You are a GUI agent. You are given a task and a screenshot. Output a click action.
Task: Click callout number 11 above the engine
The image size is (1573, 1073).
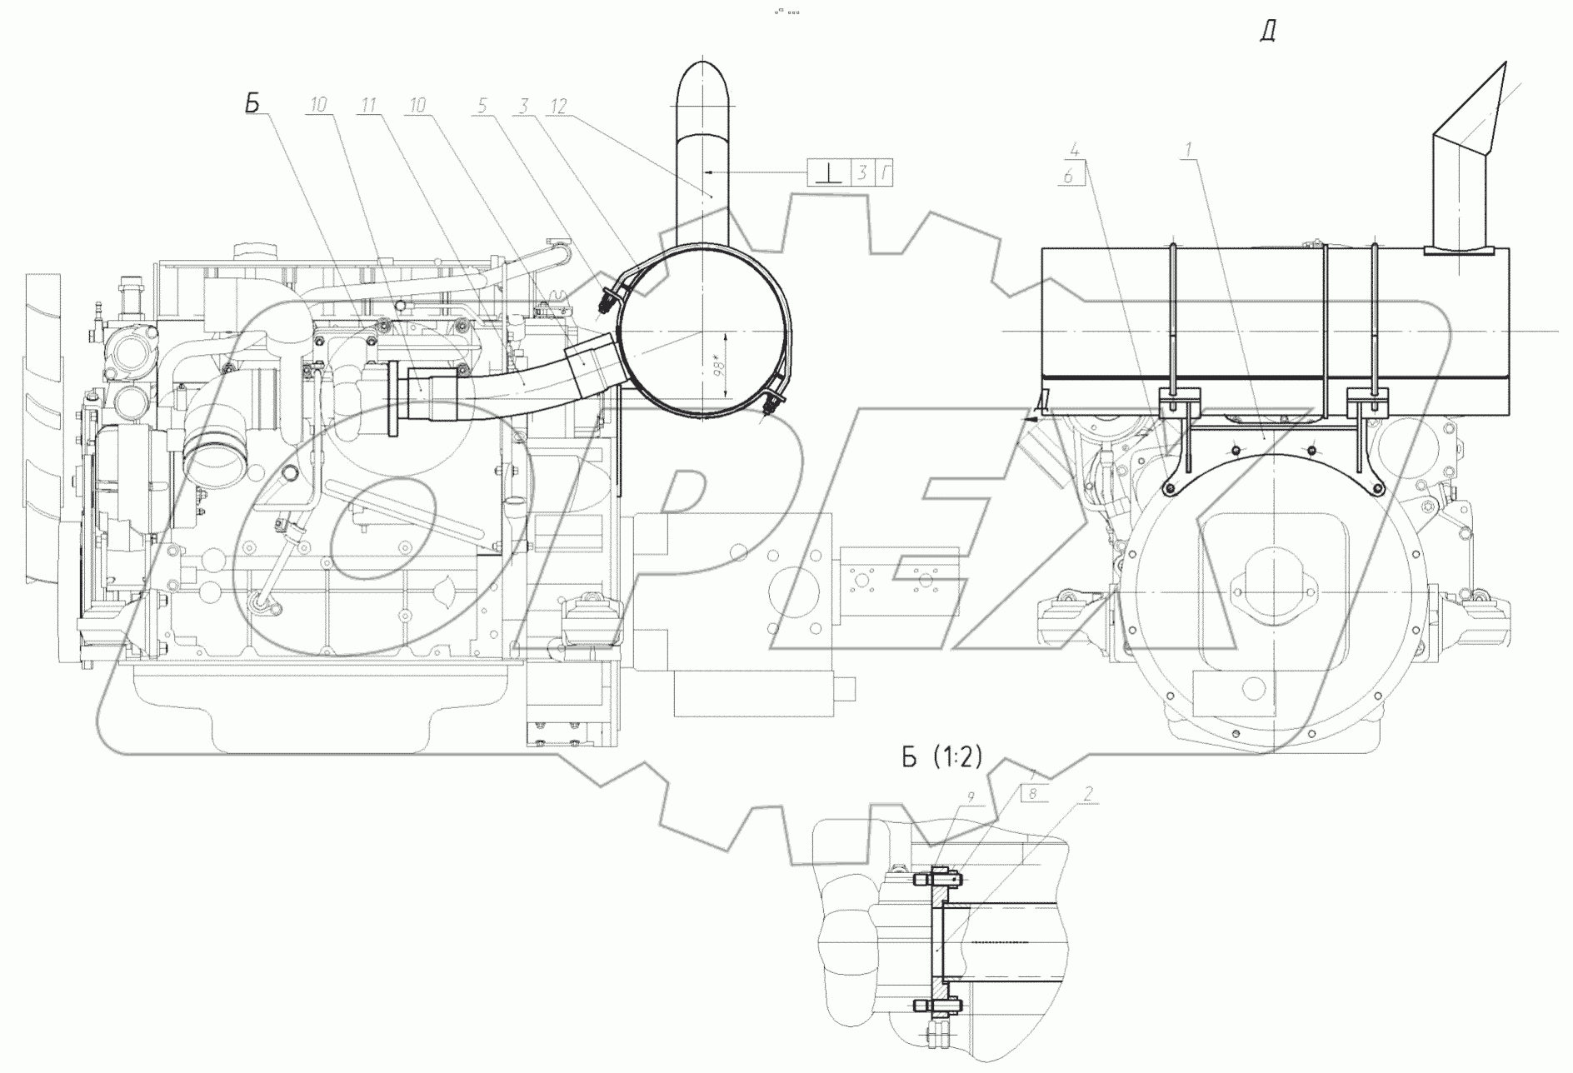(369, 105)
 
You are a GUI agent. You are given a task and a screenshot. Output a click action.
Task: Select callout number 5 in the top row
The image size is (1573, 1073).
(482, 105)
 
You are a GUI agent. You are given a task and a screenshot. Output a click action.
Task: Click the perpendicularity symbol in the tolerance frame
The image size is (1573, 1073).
(826, 173)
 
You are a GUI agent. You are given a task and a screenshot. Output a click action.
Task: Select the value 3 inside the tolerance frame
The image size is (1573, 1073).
(861, 173)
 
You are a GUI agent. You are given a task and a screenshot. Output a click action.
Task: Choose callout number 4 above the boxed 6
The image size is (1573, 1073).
(1076, 152)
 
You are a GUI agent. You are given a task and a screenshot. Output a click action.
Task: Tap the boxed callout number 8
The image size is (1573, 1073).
(1033, 794)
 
